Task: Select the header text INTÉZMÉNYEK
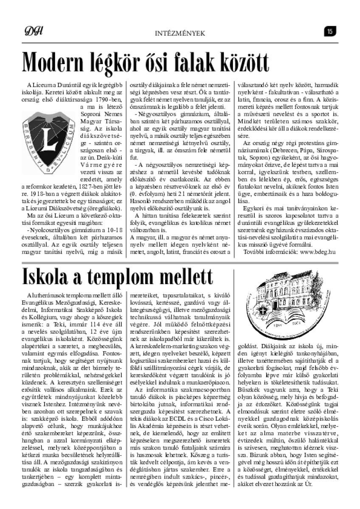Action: point(180,32)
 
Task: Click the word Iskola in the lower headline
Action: point(47,276)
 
